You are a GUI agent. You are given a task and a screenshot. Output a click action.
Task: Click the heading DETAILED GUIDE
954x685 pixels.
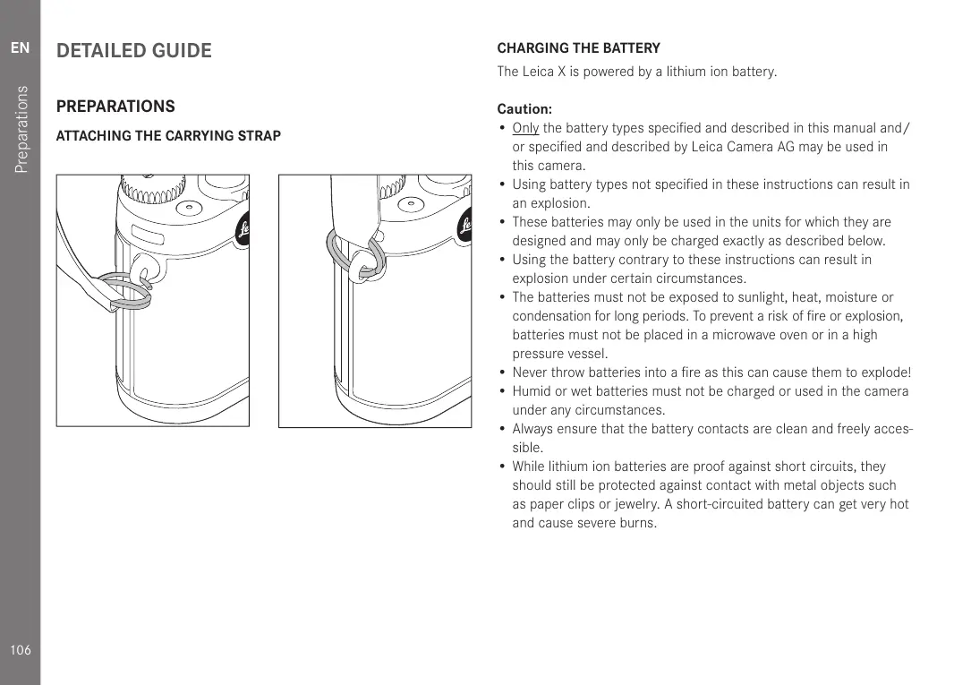134,51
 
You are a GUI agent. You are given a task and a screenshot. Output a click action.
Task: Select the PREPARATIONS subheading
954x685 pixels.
115,107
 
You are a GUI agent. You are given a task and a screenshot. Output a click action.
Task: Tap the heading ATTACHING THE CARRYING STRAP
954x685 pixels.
168,136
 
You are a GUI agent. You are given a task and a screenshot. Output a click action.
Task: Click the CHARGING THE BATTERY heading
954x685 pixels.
578,48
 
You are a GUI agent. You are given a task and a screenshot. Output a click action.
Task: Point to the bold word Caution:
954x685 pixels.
524,109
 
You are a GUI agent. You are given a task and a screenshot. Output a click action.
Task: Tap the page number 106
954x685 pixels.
20,650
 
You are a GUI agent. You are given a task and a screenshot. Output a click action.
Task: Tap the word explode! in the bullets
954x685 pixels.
885,372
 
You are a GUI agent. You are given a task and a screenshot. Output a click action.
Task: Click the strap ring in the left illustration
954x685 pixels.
130,290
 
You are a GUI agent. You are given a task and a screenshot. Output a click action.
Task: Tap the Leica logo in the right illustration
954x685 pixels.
465,228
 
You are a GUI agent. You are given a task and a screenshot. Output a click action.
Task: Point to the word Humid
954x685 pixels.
531,391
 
